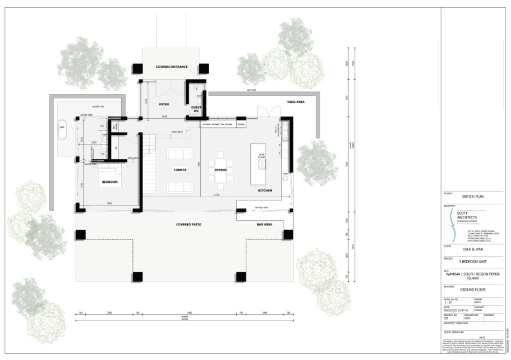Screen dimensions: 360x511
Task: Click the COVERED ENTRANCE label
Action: pyautogui.click(x=171, y=67)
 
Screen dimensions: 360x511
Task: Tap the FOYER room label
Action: pyautogui.click(x=164, y=104)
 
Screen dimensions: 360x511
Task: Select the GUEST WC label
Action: pyautogui.click(x=196, y=109)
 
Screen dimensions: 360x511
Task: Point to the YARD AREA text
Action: pyautogui.click(x=296, y=102)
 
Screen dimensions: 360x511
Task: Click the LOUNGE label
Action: pyautogui.click(x=180, y=170)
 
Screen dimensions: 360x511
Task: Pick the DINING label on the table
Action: pyautogui.click(x=221, y=170)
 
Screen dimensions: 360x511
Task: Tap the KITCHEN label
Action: pyautogui.click(x=265, y=191)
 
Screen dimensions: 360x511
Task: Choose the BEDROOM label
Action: pyautogui.click(x=109, y=182)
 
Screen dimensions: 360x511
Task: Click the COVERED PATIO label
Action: pyautogui.click(x=189, y=224)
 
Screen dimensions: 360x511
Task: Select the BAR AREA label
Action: pyautogui.click(x=264, y=224)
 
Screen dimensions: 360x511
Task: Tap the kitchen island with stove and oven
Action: pyautogui.click(x=258, y=164)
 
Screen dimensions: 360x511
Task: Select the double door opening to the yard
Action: pyautogui.click(x=266, y=111)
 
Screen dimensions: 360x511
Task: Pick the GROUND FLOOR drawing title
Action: pyautogui.click(x=472, y=290)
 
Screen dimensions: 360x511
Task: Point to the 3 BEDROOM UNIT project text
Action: pyautogui.click(x=472, y=262)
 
